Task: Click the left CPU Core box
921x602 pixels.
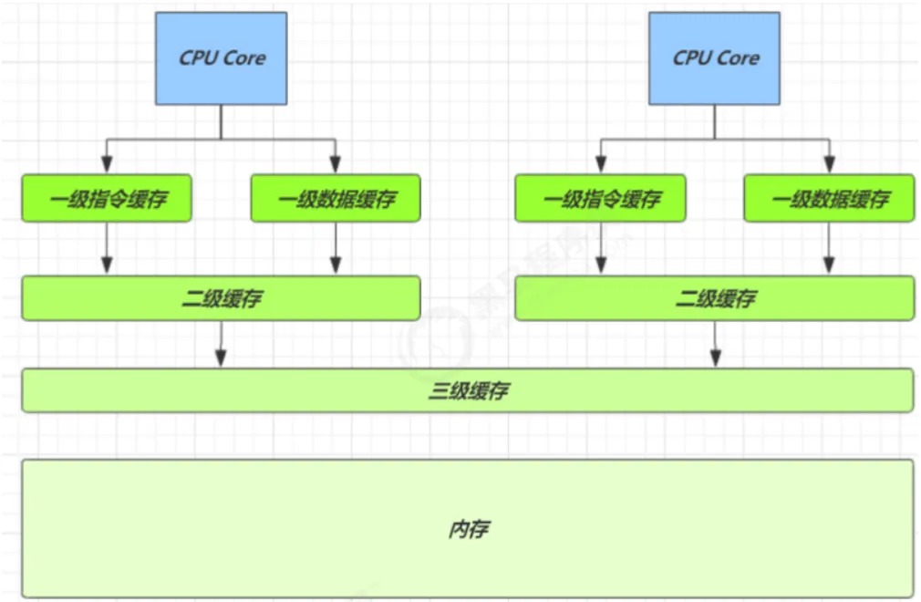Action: click(222, 58)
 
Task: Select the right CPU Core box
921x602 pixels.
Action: click(715, 58)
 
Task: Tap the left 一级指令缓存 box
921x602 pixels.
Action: click(107, 198)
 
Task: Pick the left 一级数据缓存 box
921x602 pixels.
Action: click(336, 198)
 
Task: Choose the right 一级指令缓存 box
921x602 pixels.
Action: click(600, 198)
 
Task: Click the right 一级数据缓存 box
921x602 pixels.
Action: click(829, 198)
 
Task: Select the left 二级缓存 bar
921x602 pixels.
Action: click(221, 298)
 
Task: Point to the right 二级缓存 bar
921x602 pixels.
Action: click(715, 298)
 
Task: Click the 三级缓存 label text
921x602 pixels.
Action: click(468, 391)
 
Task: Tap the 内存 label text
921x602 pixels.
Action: click(468, 529)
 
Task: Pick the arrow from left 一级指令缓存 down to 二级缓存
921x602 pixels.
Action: click(107, 248)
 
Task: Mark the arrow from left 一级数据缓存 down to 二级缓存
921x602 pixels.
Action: click(336, 248)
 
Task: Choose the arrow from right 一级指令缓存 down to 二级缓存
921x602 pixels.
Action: click(600, 248)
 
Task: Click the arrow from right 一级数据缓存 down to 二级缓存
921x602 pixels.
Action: click(829, 248)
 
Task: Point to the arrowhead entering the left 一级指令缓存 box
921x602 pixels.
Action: click(107, 167)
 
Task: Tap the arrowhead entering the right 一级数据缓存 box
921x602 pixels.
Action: click(829, 167)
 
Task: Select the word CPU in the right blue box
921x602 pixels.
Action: click(691, 58)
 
